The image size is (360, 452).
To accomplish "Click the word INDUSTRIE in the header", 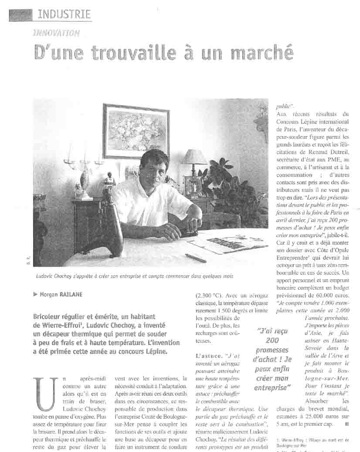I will click(64, 14).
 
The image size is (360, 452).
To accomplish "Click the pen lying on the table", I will click(196, 258).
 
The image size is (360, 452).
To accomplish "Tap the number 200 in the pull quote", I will click(272, 340).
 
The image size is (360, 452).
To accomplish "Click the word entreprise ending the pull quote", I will click(272, 387).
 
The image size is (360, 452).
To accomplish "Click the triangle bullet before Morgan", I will click(35, 294).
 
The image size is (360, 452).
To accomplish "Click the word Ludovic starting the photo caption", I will click(46, 276).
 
